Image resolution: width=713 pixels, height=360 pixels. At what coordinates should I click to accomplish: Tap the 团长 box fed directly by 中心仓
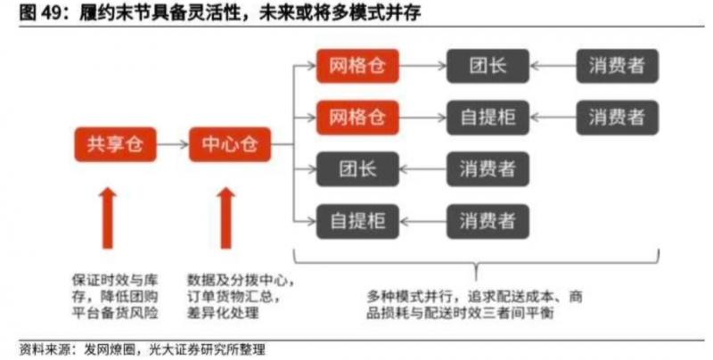[x=356, y=168]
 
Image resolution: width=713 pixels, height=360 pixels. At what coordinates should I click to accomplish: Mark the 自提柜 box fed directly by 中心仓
[x=356, y=218]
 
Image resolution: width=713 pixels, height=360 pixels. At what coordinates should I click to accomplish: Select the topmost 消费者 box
[x=617, y=66]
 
